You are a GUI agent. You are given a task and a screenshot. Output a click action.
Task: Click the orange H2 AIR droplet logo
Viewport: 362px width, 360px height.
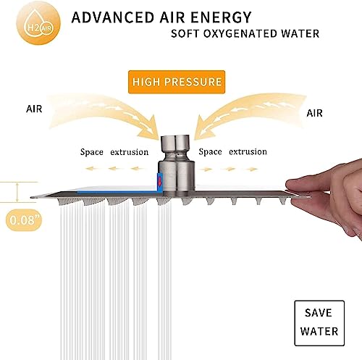(x=38, y=23)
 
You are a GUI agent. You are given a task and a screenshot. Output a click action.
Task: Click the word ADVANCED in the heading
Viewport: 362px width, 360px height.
(x=113, y=17)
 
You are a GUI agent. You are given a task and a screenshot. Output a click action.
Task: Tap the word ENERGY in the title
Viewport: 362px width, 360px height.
(x=221, y=17)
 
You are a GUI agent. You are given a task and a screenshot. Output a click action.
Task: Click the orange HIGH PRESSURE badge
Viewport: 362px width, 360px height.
(x=177, y=82)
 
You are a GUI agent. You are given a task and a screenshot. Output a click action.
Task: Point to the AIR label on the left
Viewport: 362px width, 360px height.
(x=34, y=109)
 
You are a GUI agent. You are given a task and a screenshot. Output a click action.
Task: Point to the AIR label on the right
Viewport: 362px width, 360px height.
(x=314, y=113)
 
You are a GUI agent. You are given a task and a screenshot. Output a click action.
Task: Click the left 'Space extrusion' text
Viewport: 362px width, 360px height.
(x=114, y=152)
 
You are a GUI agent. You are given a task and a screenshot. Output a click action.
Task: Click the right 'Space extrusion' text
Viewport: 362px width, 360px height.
(x=233, y=151)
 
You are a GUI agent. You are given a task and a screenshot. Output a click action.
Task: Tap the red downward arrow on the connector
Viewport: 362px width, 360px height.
(x=159, y=181)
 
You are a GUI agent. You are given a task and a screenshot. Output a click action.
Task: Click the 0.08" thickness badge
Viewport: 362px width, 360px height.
(x=24, y=220)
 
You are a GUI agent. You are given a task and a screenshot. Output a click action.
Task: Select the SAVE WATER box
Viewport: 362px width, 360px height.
(x=319, y=323)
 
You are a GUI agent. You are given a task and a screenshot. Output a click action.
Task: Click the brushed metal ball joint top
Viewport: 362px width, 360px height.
(x=177, y=143)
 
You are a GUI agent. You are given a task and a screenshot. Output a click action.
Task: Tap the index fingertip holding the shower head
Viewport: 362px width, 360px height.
(x=290, y=185)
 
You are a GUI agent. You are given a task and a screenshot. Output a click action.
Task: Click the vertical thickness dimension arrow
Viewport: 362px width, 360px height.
(x=17, y=192)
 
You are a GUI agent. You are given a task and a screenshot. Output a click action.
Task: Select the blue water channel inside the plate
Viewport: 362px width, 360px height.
(x=118, y=193)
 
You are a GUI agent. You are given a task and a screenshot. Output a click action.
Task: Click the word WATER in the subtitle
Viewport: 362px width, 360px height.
(x=300, y=33)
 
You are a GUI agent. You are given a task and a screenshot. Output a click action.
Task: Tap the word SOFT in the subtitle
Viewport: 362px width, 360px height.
(x=185, y=33)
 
